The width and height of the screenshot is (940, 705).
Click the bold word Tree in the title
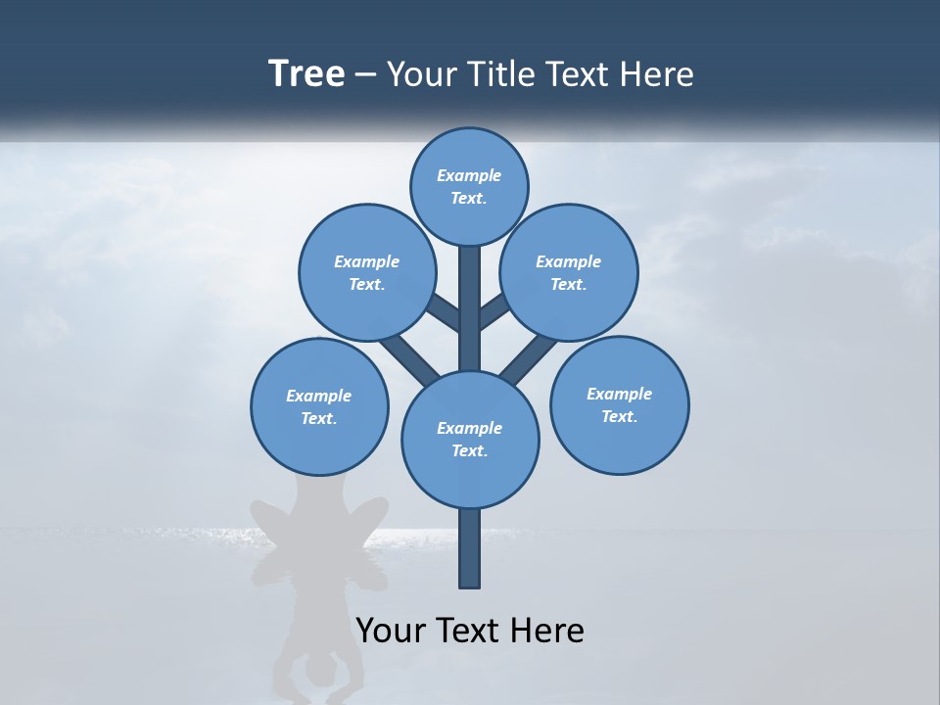tap(306, 74)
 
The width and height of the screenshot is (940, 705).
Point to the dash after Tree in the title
tap(366, 75)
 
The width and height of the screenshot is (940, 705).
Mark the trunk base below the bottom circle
tap(470, 548)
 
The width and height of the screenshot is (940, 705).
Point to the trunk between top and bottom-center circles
tap(470, 308)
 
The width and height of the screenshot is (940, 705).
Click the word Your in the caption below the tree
tap(391, 631)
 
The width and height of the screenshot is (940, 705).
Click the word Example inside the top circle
tap(469, 175)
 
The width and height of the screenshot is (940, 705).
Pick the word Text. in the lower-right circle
tap(620, 416)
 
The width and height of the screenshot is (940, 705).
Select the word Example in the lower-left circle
tap(319, 396)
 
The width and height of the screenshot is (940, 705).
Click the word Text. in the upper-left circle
tap(367, 285)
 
